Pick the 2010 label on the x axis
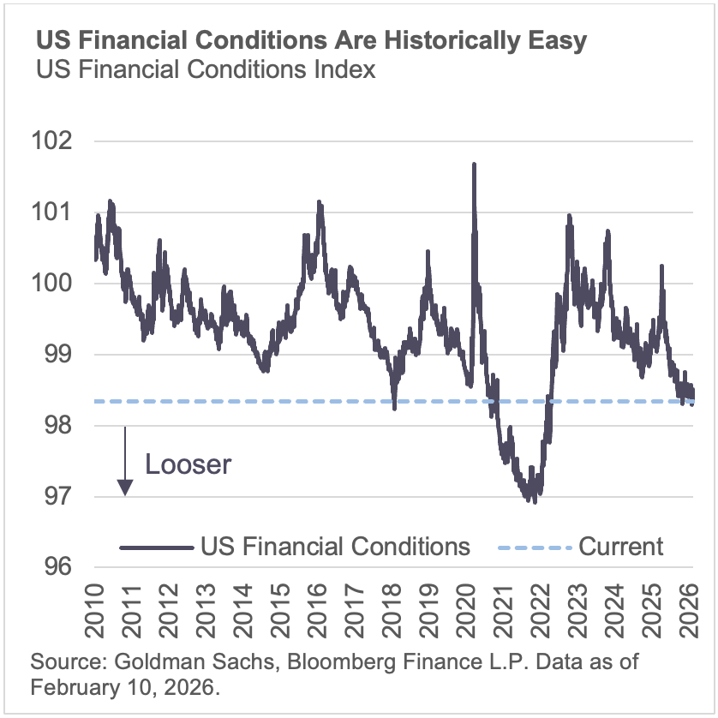click(x=93, y=610)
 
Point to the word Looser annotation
click(x=188, y=464)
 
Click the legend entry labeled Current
click(x=621, y=546)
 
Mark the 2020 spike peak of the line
click(x=474, y=164)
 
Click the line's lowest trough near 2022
click(x=535, y=501)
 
